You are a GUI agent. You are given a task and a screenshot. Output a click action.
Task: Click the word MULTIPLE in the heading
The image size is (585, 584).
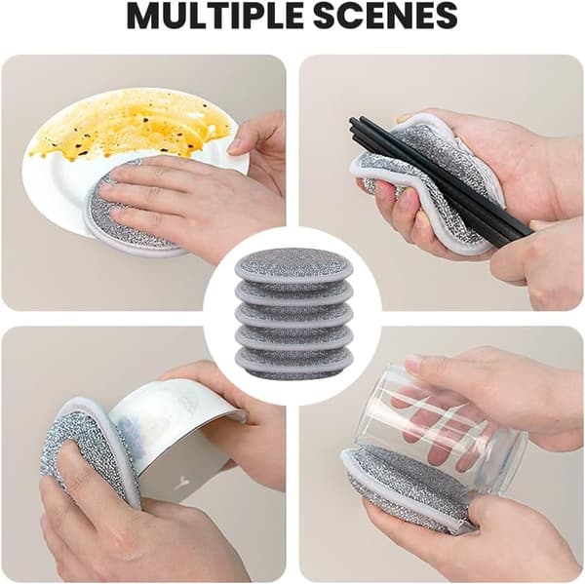tap(213, 16)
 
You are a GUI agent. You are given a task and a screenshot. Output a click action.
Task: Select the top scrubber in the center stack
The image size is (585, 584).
tap(293, 265)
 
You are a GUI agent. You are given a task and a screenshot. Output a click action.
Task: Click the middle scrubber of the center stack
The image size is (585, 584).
tap(293, 315)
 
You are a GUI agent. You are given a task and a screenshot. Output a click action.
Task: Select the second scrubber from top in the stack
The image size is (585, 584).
tap(293, 292)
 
